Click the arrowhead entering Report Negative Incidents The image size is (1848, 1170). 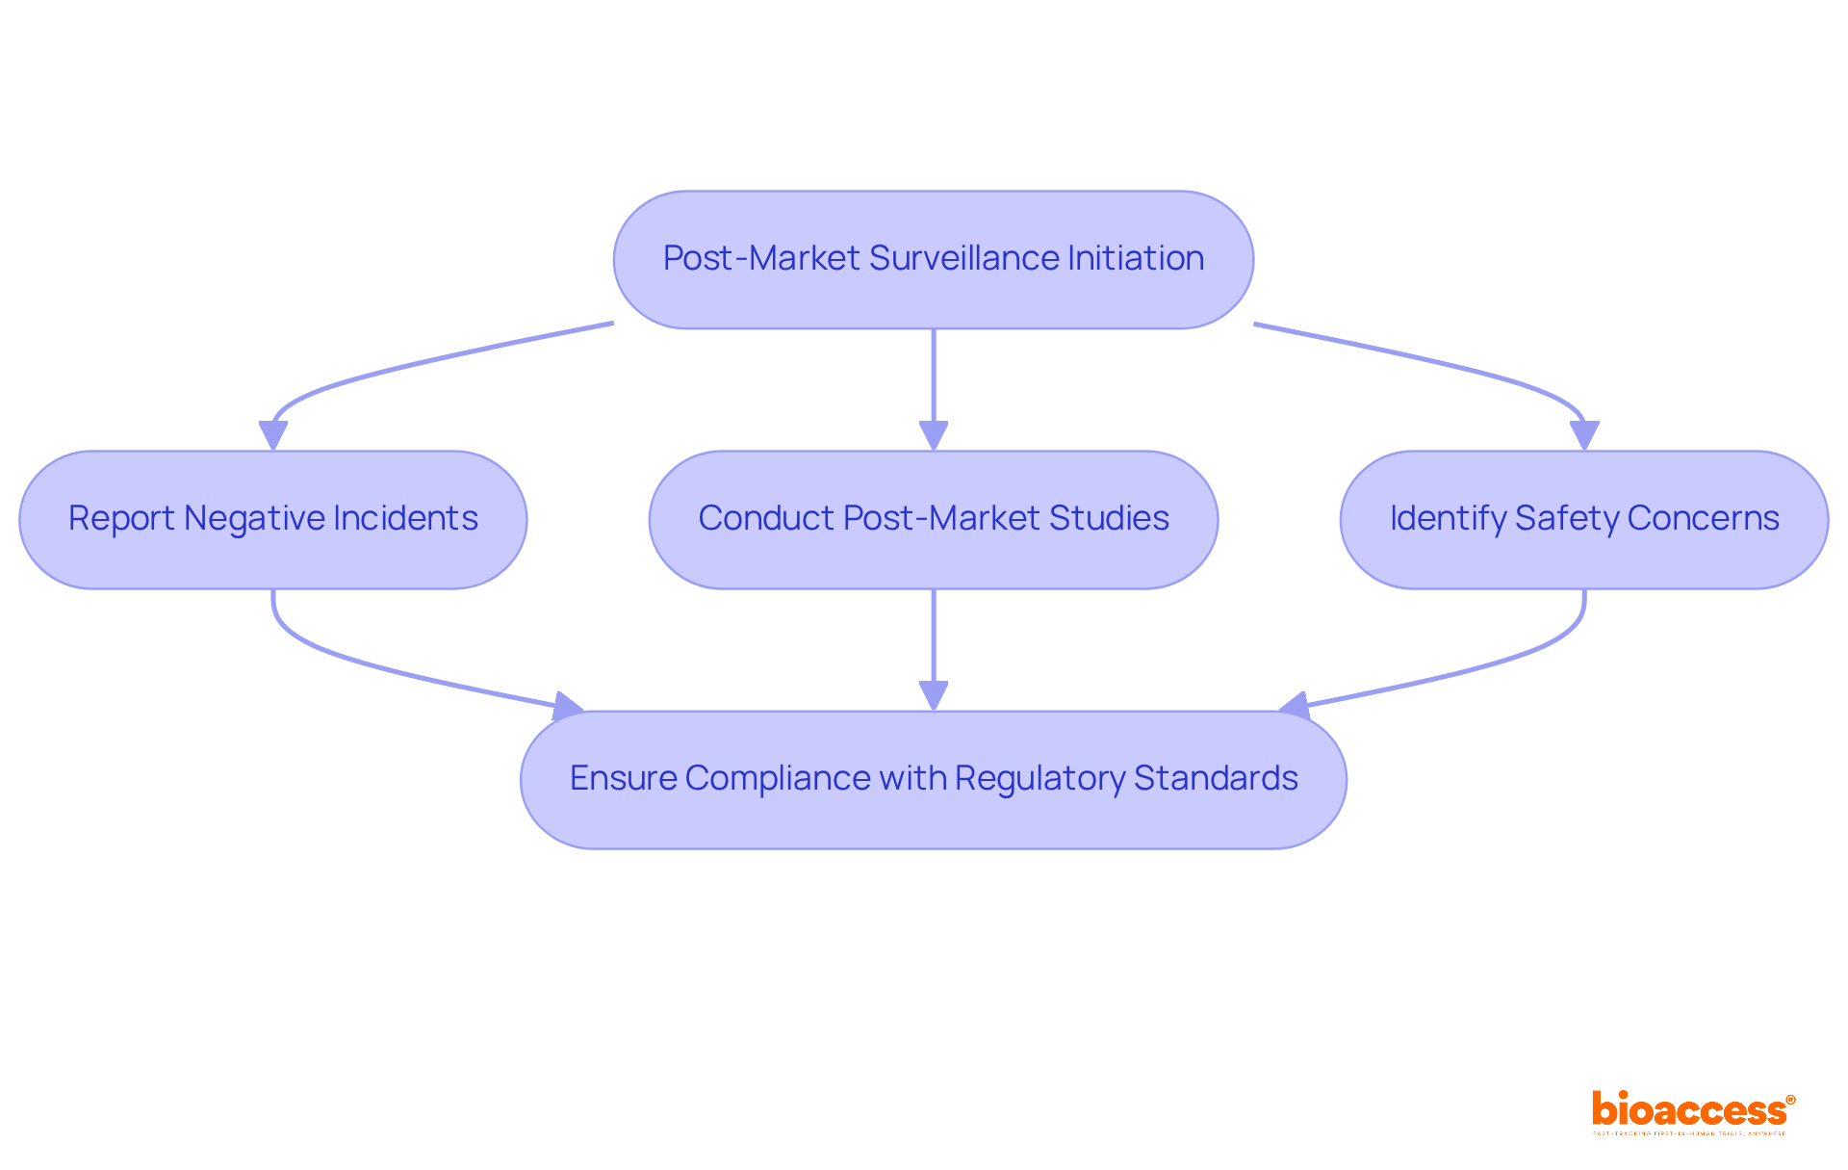[x=273, y=436]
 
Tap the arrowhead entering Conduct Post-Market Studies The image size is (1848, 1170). [x=933, y=436]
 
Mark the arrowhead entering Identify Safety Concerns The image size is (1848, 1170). [x=1584, y=436]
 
